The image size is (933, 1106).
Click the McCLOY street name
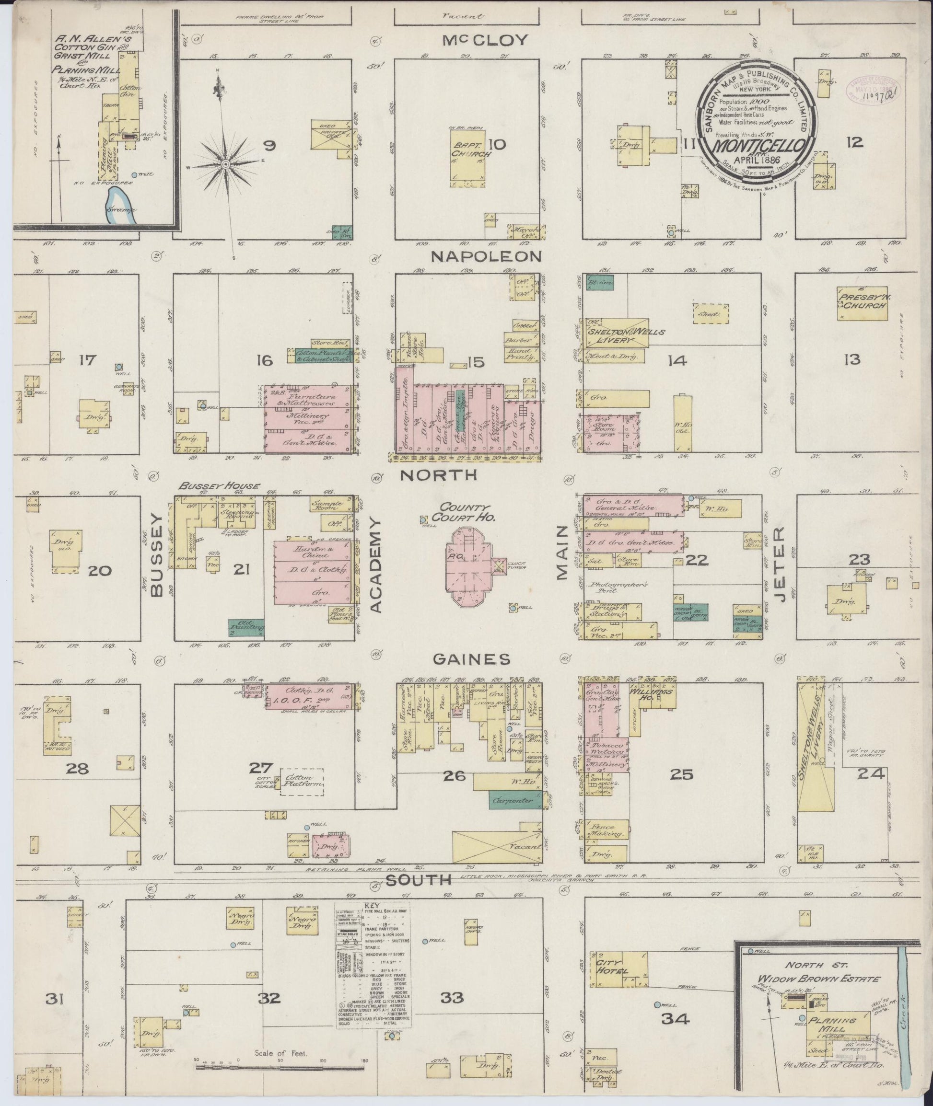(486, 40)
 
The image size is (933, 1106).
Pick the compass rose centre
(226, 165)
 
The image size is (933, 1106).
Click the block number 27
(263, 768)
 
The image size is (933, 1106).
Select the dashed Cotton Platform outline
(302, 780)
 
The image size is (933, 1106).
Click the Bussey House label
(219, 486)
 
